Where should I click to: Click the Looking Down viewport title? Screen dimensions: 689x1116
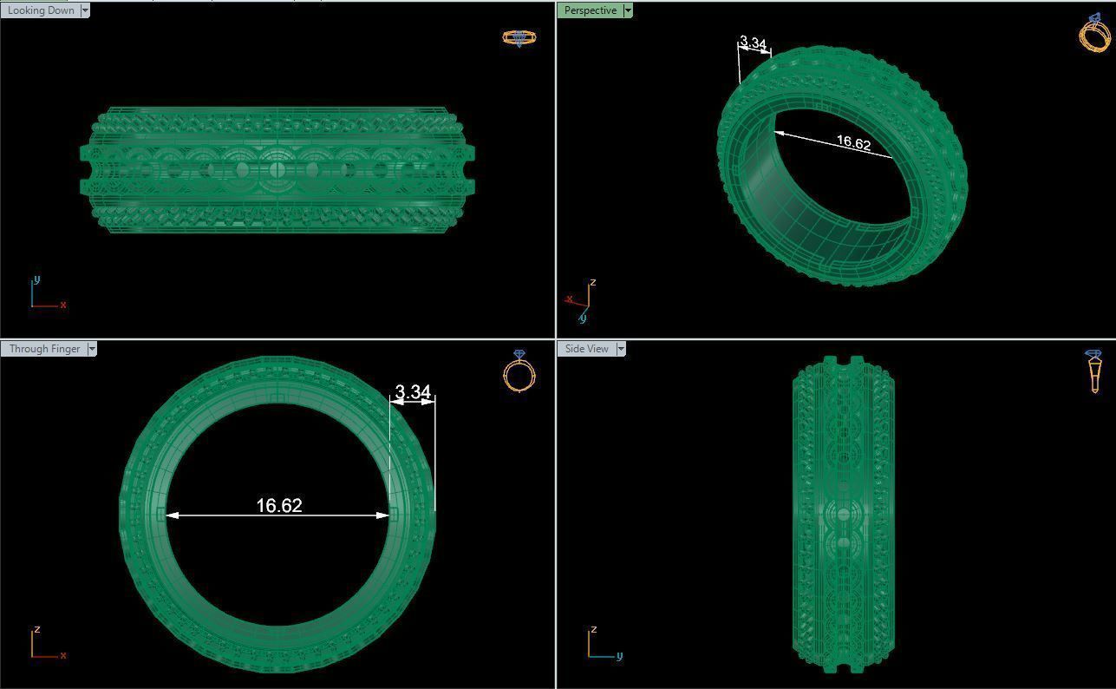click(x=40, y=10)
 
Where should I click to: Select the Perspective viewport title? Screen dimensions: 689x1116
click(x=590, y=10)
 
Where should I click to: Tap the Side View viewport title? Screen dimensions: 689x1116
click(x=586, y=349)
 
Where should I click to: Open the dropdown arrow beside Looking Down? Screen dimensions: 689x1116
click(x=84, y=10)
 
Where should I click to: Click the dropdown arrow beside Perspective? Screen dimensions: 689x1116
click(x=628, y=10)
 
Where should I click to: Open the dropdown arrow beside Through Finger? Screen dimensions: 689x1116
click(x=92, y=349)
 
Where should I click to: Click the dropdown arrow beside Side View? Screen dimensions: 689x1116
click(x=621, y=349)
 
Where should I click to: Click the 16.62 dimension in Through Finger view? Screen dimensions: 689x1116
click(x=279, y=505)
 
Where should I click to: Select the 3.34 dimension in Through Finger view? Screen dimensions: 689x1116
click(x=413, y=392)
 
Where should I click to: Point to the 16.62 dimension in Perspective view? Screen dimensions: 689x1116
click(x=853, y=143)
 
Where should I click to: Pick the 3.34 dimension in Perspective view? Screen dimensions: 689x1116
click(x=753, y=43)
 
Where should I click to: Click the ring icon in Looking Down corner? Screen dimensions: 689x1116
click(x=519, y=38)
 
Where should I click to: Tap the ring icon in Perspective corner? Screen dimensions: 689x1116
click(x=1094, y=33)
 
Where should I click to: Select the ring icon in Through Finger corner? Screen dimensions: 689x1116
click(x=519, y=371)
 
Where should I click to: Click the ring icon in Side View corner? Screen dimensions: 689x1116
click(x=1093, y=371)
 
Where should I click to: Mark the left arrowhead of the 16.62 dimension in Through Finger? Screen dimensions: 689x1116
click(x=172, y=515)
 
